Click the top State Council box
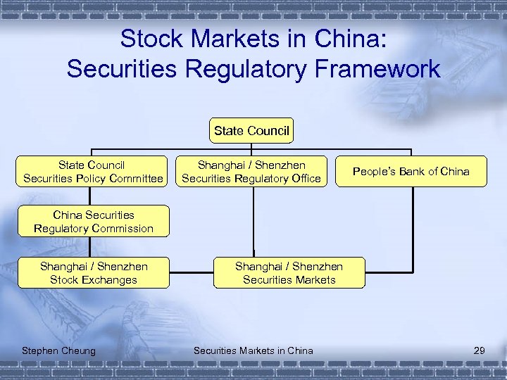pyautogui.click(x=251, y=131)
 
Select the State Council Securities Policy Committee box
pyautogui.click(x=92, y=172)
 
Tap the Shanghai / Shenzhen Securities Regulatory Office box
pyautogui.click(x=251, y=172)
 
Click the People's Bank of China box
pyautogui.click(x=411, y=172)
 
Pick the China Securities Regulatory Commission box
pyautogui.click(x=93, y=222)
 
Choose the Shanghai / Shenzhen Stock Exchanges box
pyautogui.click(x=93, y=273)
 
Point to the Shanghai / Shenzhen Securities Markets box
pyautogui.click(x=289, y=273)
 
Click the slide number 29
pyautogui.click(x=480, y=350)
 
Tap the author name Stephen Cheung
pyautogui.click(x=59, y=350)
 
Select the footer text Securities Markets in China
pyautogui.click(x=253, y=350)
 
